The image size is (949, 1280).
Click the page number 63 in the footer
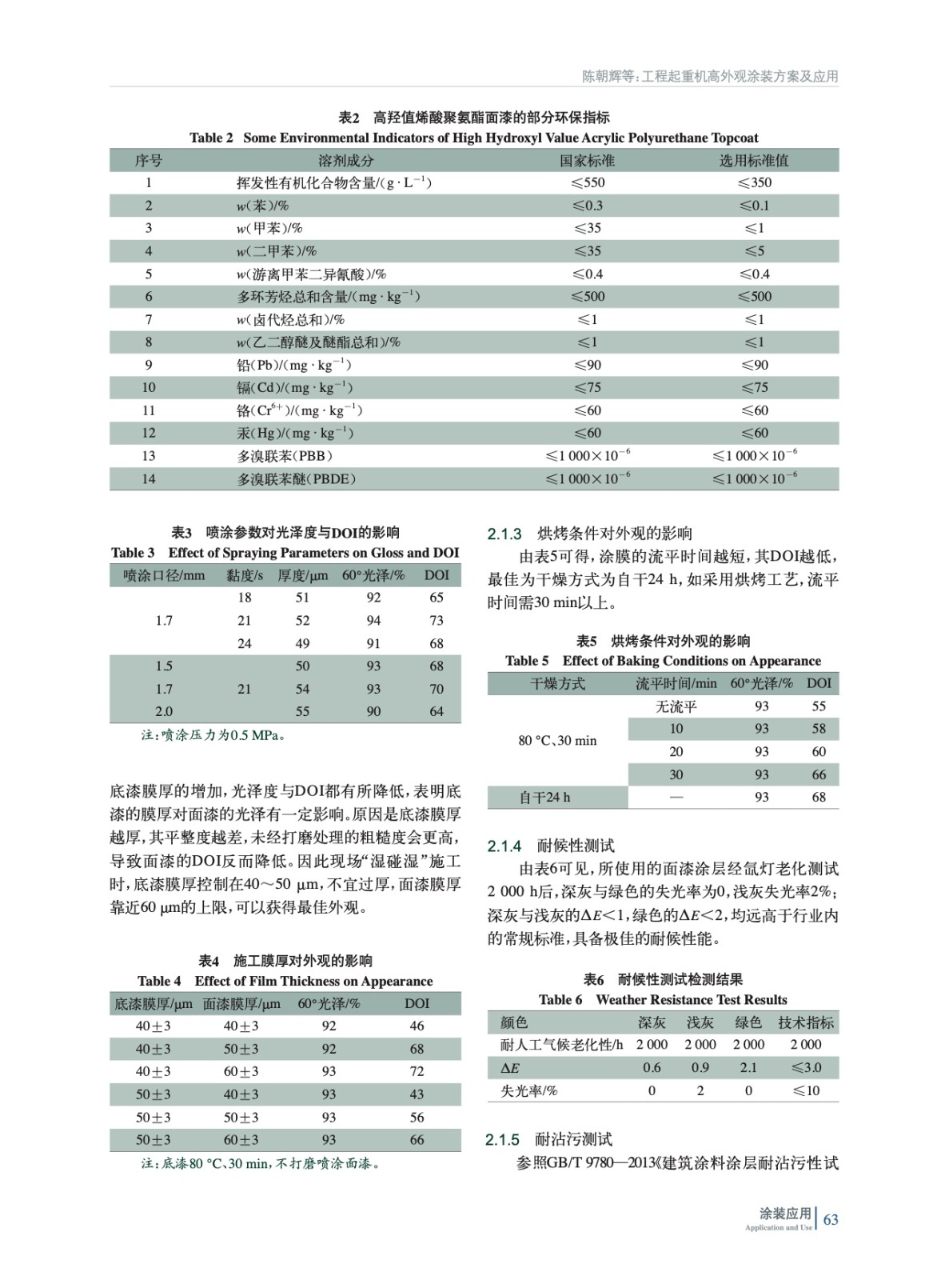point(831,1219)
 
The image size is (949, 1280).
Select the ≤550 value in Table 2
point(588,182)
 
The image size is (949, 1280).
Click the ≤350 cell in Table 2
point(754,182)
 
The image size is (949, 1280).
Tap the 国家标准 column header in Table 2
point(588,160)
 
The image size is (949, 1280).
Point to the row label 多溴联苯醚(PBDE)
point(297,478)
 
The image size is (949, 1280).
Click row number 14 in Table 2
point(149,478)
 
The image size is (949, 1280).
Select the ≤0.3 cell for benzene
point(588,206)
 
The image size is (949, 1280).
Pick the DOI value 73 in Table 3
point(437,620)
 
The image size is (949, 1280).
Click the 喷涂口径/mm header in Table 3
point(165,575)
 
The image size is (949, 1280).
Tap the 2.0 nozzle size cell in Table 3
point(164,711)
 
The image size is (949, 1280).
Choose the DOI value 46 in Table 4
point(417,1026)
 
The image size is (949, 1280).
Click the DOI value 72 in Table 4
point(417,1071)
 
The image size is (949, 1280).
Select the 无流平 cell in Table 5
point(676,706)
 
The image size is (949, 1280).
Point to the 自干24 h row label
point(544,797)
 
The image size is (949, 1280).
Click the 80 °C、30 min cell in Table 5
point(557,740)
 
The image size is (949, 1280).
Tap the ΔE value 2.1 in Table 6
point(748,1067)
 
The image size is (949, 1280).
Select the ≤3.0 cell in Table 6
point(805,1067)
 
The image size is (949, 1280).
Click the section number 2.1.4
point(504,846)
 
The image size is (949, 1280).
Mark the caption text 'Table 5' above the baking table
point(527,661)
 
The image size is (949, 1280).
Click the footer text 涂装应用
point(785,1214)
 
